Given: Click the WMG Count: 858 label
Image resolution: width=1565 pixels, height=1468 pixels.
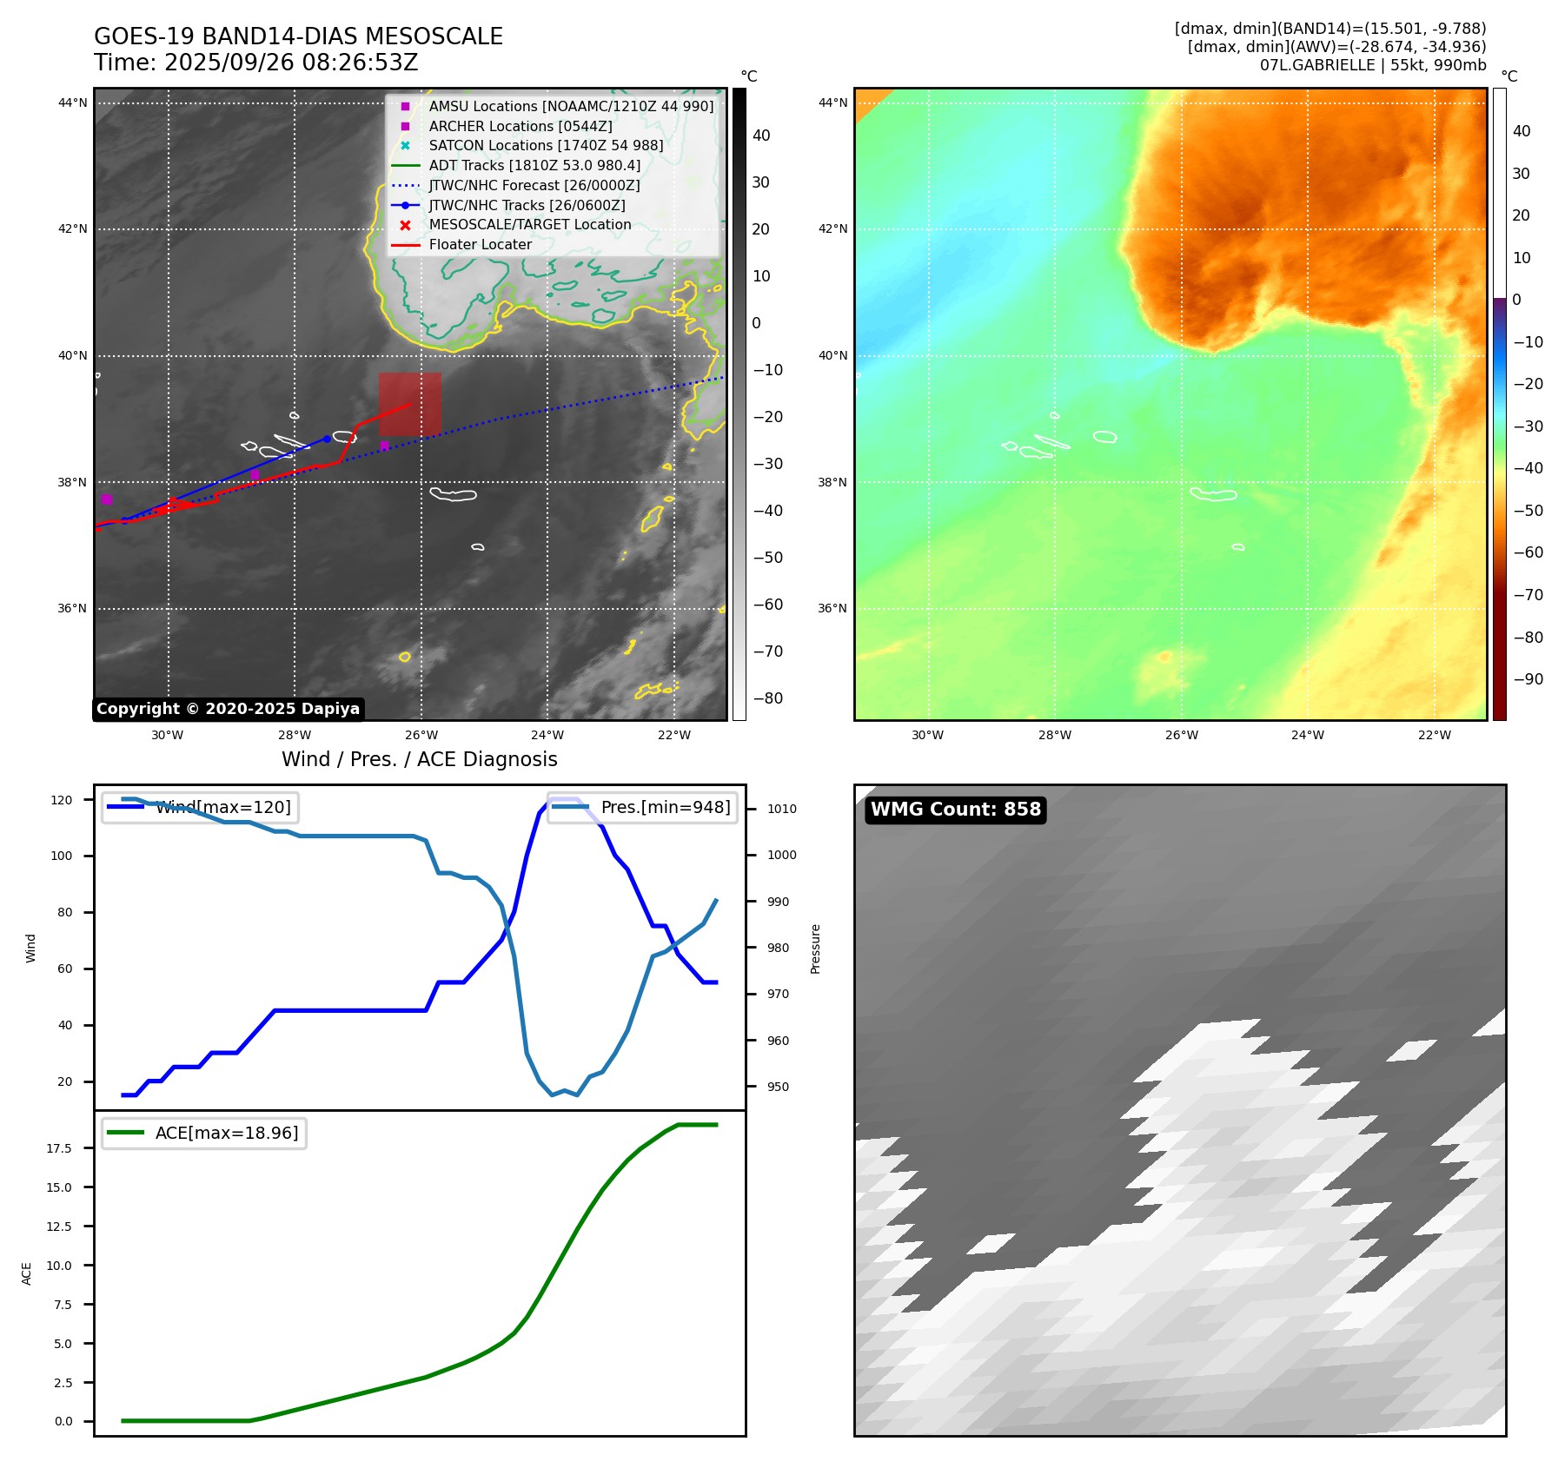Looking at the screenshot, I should coord(955,810).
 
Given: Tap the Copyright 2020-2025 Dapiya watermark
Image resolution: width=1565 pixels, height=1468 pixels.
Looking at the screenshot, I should coord(228,709).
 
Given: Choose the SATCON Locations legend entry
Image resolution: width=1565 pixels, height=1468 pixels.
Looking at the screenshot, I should coord(545,146).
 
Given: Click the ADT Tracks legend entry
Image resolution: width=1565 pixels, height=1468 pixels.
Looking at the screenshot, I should coord(534,166).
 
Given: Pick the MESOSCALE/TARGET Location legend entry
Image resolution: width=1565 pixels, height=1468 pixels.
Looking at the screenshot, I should coord(529,225).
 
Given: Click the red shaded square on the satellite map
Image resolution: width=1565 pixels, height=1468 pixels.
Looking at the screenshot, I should coord(409,404).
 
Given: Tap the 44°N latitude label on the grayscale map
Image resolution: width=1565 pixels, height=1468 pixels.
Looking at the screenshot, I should coord(73,103).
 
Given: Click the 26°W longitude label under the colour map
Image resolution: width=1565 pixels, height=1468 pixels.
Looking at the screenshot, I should coord(1181,736).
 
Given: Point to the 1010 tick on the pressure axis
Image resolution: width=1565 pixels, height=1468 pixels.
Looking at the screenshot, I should coord(781,809).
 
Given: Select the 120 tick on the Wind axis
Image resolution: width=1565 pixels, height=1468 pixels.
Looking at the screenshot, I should coord(62,800).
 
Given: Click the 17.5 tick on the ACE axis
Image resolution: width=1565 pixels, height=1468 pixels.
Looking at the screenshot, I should coord(59,1148).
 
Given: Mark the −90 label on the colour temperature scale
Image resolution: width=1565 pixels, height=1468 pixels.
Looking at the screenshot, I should coord(1528,679).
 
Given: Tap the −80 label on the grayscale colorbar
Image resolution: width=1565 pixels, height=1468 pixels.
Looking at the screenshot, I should coord(767,698).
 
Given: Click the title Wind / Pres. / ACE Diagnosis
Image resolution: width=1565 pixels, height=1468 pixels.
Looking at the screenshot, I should coord(419,759).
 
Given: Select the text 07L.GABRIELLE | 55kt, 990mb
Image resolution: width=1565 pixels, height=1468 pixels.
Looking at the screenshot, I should coord(1372,65).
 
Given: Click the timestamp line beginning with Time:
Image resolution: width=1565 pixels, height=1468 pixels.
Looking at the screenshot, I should coord(255,63).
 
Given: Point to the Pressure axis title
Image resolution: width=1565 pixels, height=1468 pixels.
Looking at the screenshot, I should coord(815,949).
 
